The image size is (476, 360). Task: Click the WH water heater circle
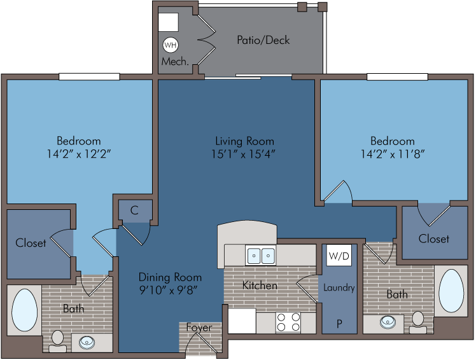pos(171,45)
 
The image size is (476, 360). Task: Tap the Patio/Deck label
pos(263,40)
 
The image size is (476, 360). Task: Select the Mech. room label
pos(175,62)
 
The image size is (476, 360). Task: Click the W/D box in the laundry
pos(339,256)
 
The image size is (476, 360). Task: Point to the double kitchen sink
pos(261,255)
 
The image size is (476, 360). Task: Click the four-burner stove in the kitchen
pos(288,322)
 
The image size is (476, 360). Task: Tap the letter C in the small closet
pos(134,210)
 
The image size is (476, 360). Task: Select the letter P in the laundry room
pos(339,324)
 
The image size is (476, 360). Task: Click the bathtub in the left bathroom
pos(25,310)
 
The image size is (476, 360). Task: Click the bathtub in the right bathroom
pos(451,291)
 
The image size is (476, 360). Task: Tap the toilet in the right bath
pos(418,322)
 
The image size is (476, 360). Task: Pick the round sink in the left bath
pos(87,343)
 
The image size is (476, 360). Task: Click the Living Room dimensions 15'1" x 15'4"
pos(243,154)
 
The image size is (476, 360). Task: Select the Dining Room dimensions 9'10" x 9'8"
pos(169,291)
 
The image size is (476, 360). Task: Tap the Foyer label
pos(199,328)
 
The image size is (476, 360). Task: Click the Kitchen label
pos(260,286)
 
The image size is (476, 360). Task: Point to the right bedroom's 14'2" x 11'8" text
pos(393,154)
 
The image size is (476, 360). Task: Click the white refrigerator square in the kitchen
pos(242,321)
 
